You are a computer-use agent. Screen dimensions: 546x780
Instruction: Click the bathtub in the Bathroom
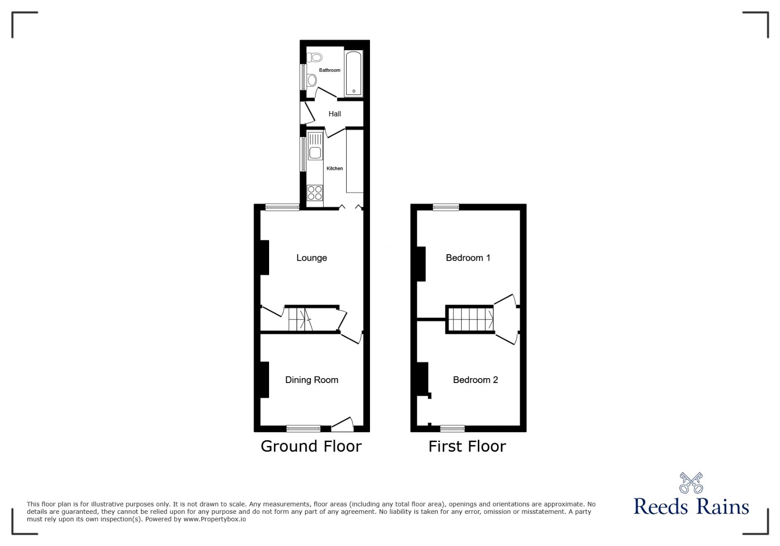click(x=354, y=73)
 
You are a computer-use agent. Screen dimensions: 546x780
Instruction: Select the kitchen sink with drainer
click(x=315, y=147)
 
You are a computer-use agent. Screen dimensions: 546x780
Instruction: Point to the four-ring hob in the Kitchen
click(x=315, y=193)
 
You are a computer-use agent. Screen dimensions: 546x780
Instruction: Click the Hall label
click(x=334, y=114)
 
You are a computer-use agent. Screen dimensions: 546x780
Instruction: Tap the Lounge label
click(x=312, y=258)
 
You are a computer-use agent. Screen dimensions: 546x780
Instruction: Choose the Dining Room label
click(x=312, y=380)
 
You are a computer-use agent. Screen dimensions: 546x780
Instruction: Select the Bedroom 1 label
click(x=468, y=258)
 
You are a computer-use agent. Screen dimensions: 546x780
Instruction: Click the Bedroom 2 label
click(x=475, y=380)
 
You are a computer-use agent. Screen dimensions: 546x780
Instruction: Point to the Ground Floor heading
click(x=311, y=446)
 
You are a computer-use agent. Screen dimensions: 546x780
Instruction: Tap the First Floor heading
click(x=467, y=446)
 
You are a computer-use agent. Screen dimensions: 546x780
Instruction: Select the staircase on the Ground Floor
click(x=300, y=320)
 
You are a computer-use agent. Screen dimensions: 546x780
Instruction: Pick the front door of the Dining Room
click(x=342, y=425)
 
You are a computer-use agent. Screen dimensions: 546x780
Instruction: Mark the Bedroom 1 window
click(x=446, y=207)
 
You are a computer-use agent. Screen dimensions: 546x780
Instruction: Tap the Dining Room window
click(x=303, y=429)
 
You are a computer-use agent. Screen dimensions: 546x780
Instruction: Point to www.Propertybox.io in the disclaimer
click(x=214, y=520)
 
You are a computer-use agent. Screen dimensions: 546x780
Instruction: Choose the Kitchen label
click(x=334, y=168)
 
